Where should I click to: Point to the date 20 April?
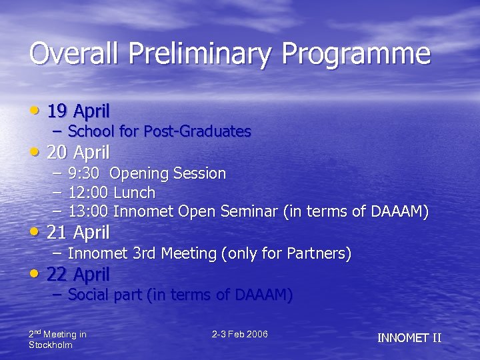(78, 153)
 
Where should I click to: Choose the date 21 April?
(78, 233)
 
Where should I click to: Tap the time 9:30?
(84, 174)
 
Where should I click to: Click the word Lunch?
(135, 193)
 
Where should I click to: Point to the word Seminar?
(252, 213)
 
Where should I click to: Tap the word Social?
(89, 295)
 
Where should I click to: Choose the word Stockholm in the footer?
(51, 345)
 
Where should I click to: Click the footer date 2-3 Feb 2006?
(240, 334)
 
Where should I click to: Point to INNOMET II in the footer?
(409, 338)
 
